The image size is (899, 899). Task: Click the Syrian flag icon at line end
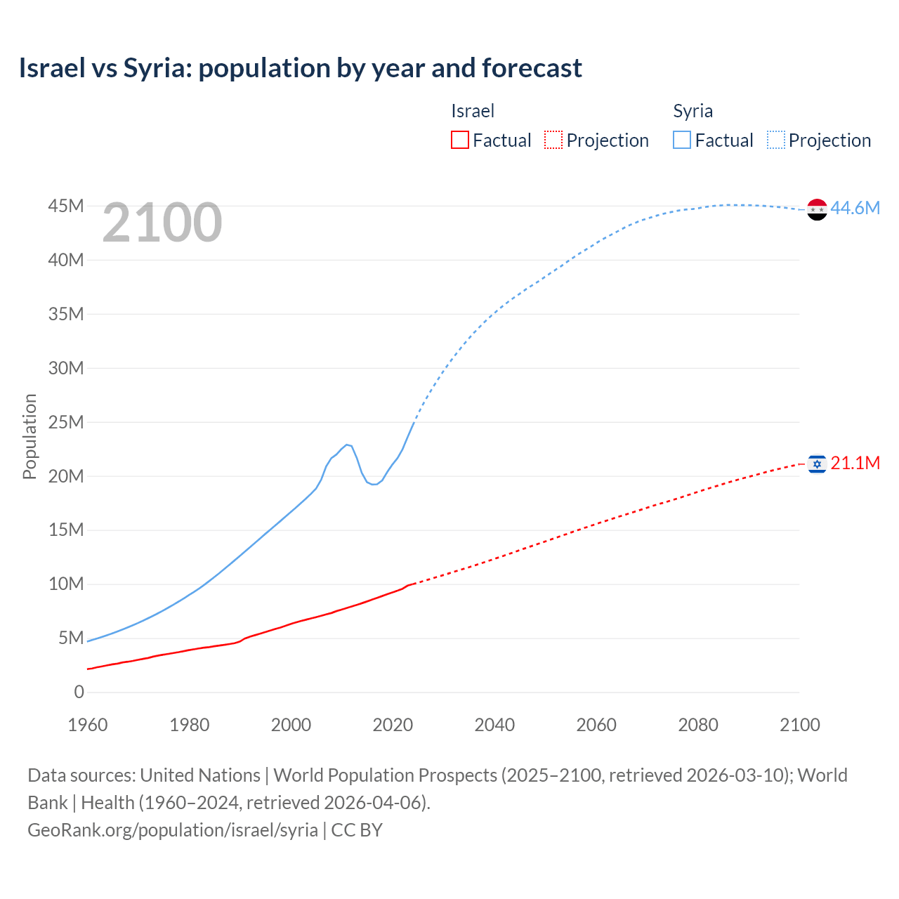point(817,209)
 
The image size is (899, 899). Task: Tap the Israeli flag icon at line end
point(817,464)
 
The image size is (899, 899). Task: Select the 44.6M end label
point(855,208)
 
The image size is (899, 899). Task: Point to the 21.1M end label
point(855,463)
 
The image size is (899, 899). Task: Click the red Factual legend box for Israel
point(459,140)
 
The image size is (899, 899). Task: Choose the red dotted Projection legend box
point(553,140)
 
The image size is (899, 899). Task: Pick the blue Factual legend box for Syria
point(681,140)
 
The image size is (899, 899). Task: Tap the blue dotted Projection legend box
point(776,140)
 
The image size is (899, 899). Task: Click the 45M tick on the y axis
point(66,206)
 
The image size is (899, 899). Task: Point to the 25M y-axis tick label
point(66,422)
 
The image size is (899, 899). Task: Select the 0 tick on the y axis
point(79,692)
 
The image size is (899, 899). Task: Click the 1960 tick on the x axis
point(88,725)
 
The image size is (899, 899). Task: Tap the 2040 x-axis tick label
point(494,725)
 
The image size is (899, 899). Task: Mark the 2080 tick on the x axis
point(698,725)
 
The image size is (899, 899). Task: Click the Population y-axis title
point(29,436)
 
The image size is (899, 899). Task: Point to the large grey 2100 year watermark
point(162,223)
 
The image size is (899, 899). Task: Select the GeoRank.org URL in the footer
point(173,829)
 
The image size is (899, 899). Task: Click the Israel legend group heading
point(473,111)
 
